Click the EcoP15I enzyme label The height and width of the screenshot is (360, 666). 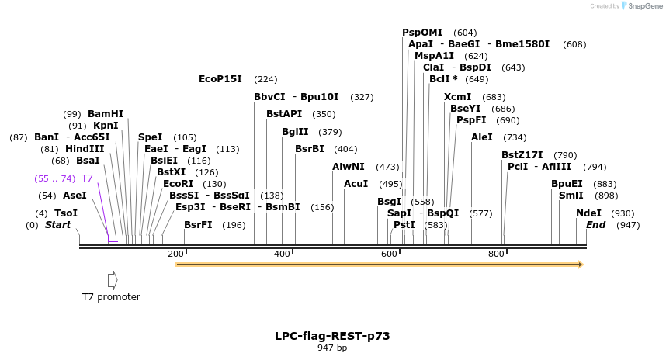pos(220,79)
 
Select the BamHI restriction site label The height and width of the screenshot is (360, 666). pos(106,114)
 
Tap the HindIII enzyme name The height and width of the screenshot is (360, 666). pos(85,149)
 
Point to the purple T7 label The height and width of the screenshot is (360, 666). pos(87,178)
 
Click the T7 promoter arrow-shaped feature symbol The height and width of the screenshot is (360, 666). pos(113,280)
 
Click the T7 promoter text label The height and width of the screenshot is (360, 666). pos(111,296)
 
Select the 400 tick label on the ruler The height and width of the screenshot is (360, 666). pos(282,254)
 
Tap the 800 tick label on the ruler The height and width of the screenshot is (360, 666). pos(496,254)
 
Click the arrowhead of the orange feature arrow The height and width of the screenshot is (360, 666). pos(581,265)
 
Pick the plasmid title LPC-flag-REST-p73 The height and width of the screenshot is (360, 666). pos(332,336)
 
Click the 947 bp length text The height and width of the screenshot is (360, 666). pos(332,348)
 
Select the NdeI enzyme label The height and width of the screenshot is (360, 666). pos(588,213)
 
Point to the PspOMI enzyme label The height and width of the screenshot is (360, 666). pos(422,33)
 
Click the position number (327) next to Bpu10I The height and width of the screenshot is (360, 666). pos(362,97)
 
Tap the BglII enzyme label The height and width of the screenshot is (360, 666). pos(295,132)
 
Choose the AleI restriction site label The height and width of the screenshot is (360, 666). pos(482,137)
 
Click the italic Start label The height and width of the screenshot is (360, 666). pos(57,224)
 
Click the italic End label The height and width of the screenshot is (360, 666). pos(596,224)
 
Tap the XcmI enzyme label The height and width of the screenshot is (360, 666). pos(457,97)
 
